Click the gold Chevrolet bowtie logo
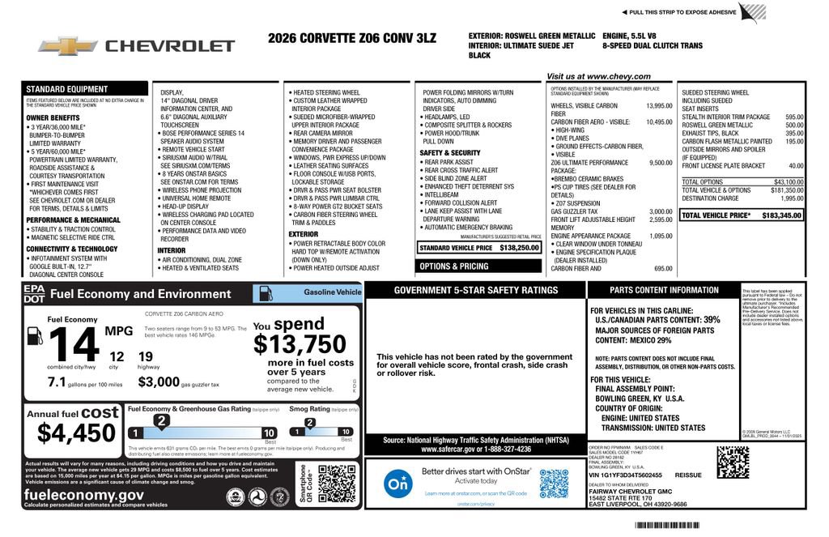pyautogui.click(x=68, y=46)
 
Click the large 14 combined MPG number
pyautogui.click(x=74, y=346)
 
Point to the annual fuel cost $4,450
pyautogui.click(x=77, y=433)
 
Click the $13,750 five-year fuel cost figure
pyautogui.click(x=300, y=344)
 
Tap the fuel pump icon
pyautogui.click(x=35, y=335)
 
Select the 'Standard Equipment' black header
pyautogui.click(x=67, y=89)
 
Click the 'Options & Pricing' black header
pyautogui.click(x=453, y=266)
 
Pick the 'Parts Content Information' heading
pyautogui.click(x=664, y=290)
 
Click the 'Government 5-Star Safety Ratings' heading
pyautogui.click(x=475, y=290)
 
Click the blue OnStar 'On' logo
pyautogui.click(x=397, y=484)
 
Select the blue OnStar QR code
pyautogui.click(x=554, y=484)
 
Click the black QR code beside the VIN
pyautogui.click(x=732, y=462)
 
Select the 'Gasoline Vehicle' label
pyautogui.click(x=332, y=292)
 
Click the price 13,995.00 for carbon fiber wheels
pyautogui.click(x=658, y=106)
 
